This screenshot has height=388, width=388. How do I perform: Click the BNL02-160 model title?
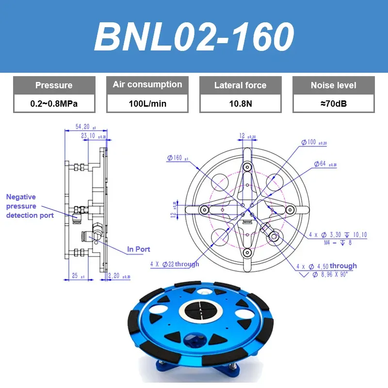tap(194, 37)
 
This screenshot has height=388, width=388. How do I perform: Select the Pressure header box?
tap(54, 85)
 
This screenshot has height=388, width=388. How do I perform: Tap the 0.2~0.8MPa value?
tap(54, 103)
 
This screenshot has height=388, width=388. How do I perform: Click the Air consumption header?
tap(147, 85)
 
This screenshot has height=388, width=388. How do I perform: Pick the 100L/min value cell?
tap(147, 103)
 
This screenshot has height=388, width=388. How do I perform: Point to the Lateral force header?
tap(241, 85)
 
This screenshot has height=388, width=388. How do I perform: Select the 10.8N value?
tap(241, 103)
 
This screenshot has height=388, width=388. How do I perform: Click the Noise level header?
tap(334, 85)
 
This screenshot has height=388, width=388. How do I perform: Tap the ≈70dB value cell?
tap(334, 103)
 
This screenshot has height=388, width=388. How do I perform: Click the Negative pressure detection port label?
tap(29, 206)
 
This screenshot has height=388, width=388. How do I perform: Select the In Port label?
tap(139, 249)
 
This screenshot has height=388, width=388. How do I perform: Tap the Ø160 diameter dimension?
tap(177, 158)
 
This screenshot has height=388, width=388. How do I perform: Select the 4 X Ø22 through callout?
tap(175, 264)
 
